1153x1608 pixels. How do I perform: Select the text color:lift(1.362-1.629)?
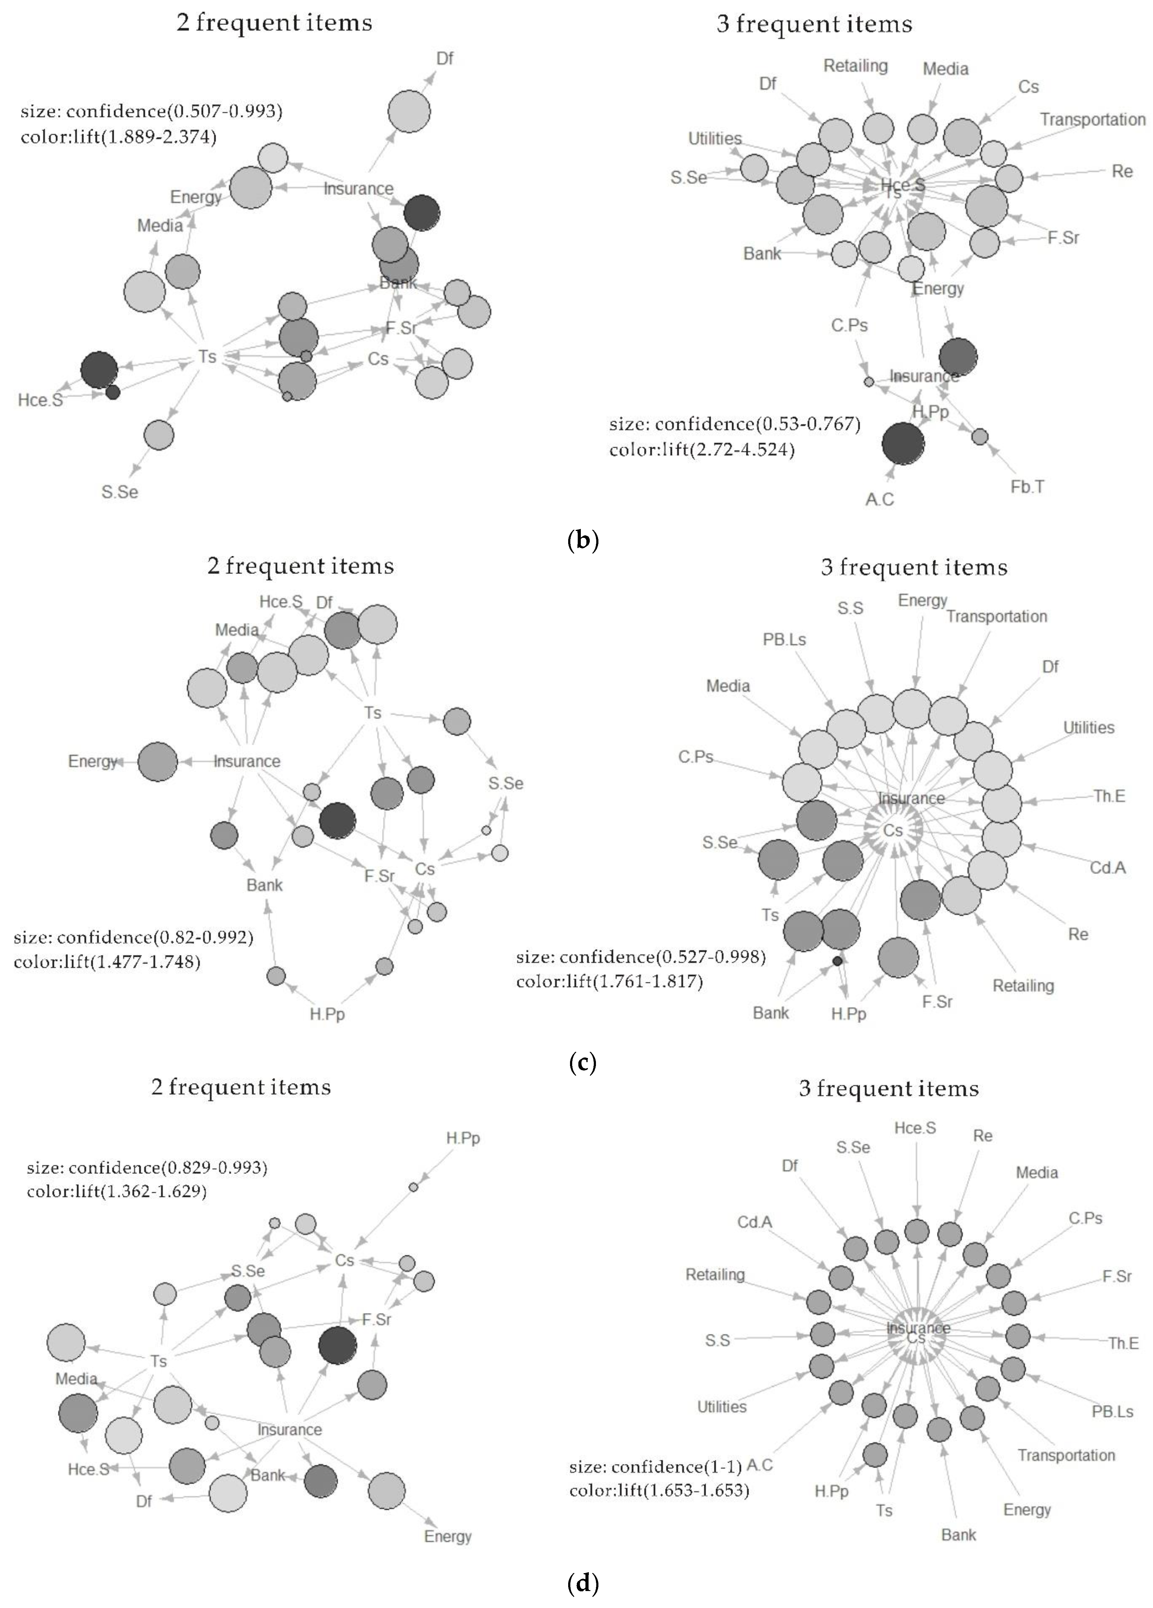click(117, 1191)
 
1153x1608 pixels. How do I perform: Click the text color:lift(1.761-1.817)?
click(609, 982)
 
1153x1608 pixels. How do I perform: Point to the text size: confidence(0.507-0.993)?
click(152, 111)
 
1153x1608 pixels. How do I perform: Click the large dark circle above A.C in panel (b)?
click(903, 444)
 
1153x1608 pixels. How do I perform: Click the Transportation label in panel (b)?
click(1092, 119)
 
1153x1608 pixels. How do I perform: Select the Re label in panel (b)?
click(1122, 172)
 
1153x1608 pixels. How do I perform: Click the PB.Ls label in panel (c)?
click(784, 639)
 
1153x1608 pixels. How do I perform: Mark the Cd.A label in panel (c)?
click(1108, 868)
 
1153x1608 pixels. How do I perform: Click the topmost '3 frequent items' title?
click(814, 25)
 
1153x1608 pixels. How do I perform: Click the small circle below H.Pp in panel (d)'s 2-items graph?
click(414, 1187)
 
